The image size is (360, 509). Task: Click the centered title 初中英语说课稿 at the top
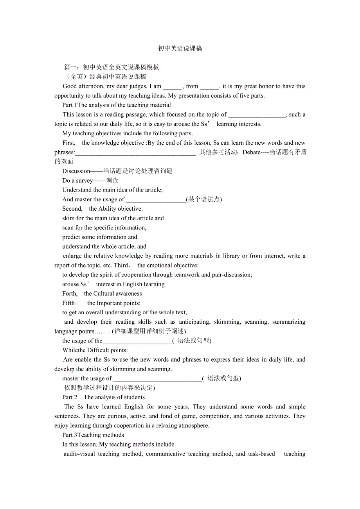180,48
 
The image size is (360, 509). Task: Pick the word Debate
252,152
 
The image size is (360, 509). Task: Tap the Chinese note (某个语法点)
204,199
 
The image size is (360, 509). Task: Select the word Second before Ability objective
72,209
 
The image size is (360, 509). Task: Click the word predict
72,237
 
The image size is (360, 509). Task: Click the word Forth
70,294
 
